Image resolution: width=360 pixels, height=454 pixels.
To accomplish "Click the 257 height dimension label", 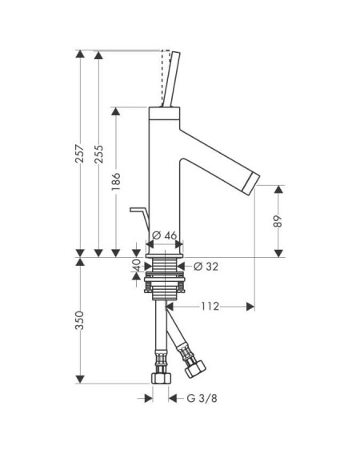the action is (80, 153).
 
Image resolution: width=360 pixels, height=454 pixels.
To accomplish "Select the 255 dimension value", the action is (98, 154).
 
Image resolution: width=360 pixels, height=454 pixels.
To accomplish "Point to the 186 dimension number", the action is (116, 181).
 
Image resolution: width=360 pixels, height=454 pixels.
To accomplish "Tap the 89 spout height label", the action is (278, 221).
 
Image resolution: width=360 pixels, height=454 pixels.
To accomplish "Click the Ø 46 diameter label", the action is (164, 235).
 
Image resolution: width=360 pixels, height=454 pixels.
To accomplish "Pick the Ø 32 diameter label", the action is (206, 267).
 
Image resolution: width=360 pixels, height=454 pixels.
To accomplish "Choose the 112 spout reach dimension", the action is (210, 306).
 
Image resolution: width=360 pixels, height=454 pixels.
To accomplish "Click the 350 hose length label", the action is (79, 320).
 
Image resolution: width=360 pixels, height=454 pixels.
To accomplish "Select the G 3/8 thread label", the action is (202, 399).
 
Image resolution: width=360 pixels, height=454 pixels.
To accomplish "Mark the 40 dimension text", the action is (137, 266).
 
